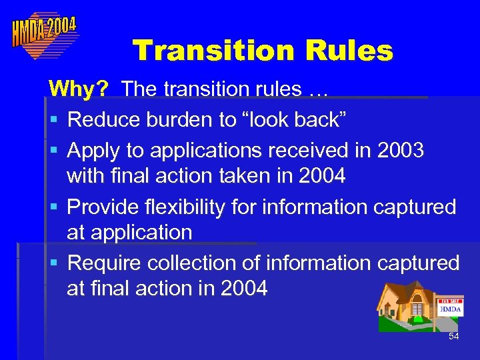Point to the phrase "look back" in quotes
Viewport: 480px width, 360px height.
pos(285,120)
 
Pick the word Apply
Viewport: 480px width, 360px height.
pos(94,151)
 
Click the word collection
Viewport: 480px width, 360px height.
pos(189,263)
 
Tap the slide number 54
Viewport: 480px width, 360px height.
pos(454,337)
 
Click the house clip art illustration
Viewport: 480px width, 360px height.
pos(407,306)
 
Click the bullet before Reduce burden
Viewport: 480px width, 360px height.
pos(53,121)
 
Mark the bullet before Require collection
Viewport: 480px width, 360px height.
pos(53,264)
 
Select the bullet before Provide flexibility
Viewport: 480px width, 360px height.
pos(53,208)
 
